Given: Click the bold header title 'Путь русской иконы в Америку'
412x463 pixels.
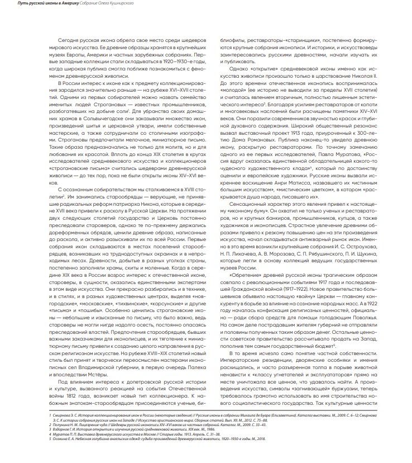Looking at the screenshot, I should [x=36, y=4].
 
